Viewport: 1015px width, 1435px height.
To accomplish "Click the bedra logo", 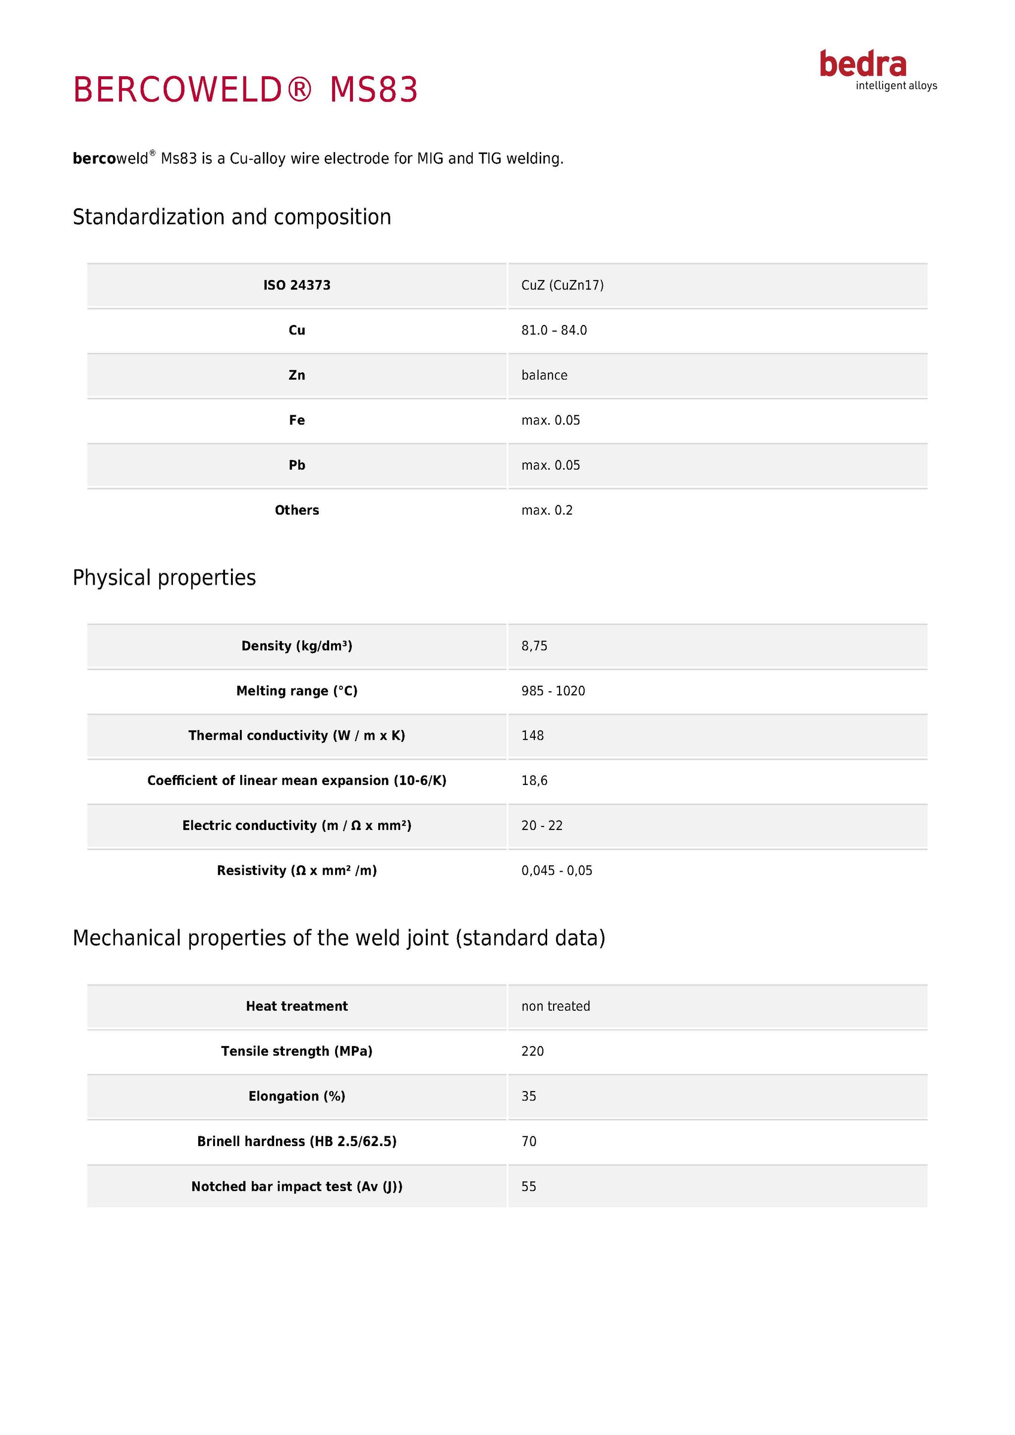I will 878,70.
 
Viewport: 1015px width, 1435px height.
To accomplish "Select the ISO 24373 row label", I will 297,285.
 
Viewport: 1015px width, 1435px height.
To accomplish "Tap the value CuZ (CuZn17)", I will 563,285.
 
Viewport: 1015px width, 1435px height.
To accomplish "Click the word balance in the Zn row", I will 544,376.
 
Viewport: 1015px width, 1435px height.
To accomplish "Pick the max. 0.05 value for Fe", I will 551,421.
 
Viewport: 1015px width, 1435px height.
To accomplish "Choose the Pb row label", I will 297,466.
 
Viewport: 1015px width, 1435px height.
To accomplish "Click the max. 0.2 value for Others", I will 547,511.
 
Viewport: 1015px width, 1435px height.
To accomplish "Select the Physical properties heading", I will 165,577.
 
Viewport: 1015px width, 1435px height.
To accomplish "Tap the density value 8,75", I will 534,646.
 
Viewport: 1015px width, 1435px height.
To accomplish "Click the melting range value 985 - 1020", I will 553,691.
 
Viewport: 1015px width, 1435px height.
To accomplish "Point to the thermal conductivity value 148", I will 532,736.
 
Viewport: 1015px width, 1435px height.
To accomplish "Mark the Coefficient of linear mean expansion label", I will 297,780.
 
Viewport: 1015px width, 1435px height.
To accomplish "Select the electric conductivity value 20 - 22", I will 542,826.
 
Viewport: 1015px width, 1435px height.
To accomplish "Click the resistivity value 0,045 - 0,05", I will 557,871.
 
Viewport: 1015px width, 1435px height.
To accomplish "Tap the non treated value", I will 556,1006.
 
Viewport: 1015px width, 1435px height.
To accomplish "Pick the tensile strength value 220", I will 532,1051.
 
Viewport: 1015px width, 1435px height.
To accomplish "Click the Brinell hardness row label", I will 297,1141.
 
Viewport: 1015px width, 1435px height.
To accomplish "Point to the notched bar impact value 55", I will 529,1186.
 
